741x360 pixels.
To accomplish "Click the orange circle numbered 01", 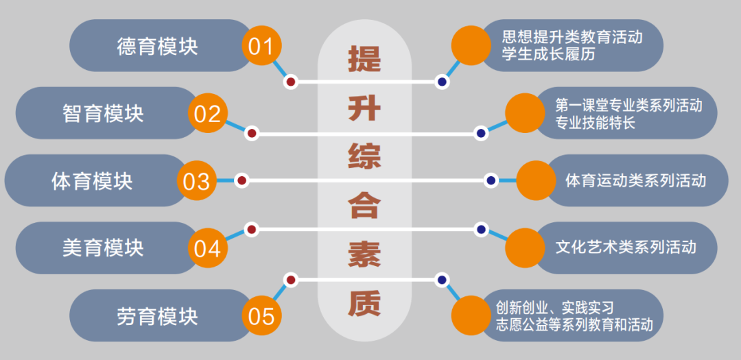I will coord(261,46).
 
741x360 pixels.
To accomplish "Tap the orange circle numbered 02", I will coord(207,113).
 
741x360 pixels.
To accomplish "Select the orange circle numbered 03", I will coord(196,181).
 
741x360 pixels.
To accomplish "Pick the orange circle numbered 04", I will coord(207,248).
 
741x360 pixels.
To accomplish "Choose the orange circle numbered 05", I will coord(261,316).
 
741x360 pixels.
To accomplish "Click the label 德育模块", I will coord(157,46).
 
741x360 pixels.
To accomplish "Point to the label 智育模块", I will coord(103,113).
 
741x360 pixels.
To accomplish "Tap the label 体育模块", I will coord(92,181).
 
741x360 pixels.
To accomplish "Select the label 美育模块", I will coord(103,248).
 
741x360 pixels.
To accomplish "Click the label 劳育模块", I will coord(157,316).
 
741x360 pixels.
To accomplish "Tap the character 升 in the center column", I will coord(364,108).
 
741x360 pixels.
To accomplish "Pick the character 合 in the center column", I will coord(364,206).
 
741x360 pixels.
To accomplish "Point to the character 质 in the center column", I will coord(364,304).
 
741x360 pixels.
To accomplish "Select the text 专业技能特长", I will coord(596,123).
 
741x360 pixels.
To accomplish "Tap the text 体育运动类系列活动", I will coord(635,181).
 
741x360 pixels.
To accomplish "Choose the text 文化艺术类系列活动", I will coord(626,247).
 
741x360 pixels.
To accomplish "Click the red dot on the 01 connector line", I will coord(290,82).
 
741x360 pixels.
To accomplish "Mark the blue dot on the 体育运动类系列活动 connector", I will coord(491,181).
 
